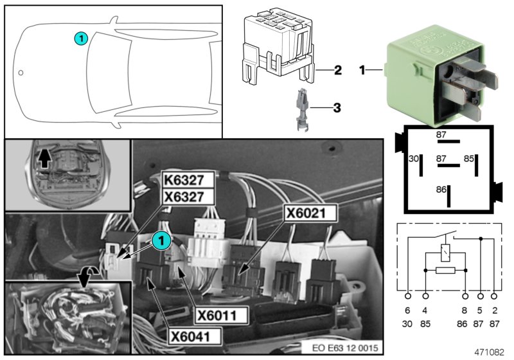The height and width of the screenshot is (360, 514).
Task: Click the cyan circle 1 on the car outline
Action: (80, 39)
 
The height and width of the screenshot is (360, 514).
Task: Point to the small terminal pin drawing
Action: (302, 110)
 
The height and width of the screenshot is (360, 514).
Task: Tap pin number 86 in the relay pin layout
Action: (441, 190)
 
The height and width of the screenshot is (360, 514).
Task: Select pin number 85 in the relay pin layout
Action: (469, 158)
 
